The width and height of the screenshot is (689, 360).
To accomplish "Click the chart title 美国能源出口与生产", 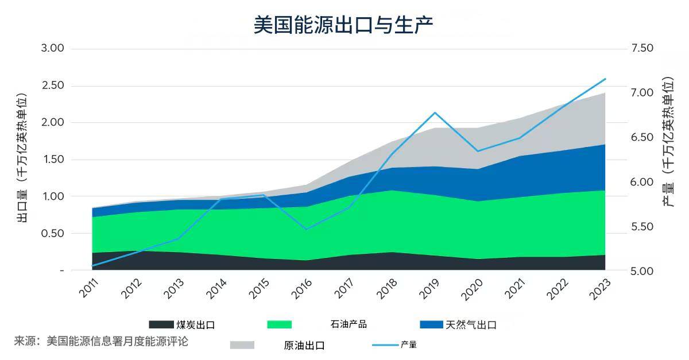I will tap(343, 25).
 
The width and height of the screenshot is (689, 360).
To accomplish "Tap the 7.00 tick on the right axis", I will tap(642, 92).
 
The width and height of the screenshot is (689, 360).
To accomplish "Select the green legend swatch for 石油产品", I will tap(280, 325).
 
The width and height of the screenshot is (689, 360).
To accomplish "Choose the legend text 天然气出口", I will tap(471, 325).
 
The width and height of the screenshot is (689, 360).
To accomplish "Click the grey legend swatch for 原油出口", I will tap(242, 345).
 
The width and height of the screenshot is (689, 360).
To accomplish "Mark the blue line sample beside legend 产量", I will tap(385, 345).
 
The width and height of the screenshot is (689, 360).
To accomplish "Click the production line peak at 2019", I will tap(435, 113).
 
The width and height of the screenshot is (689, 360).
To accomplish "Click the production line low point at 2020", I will tap(477, 151).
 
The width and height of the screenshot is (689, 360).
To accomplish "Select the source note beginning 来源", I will tap(101, 341).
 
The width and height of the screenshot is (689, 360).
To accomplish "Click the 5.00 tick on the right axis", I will tap(642, 270).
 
